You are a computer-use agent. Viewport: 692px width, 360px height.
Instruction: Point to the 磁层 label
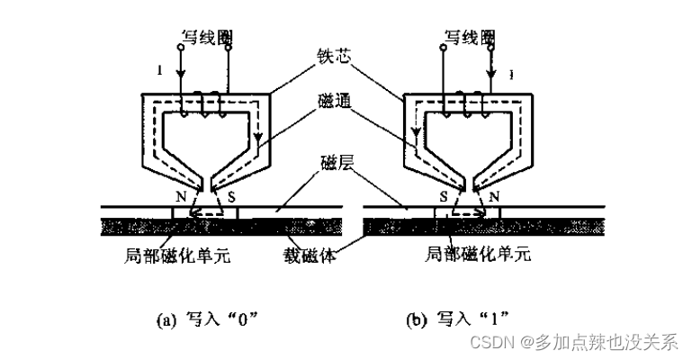pos(336,164)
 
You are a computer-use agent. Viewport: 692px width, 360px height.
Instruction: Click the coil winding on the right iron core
pos(468,106)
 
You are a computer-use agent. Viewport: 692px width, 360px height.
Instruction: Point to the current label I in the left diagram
pos(159,69)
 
